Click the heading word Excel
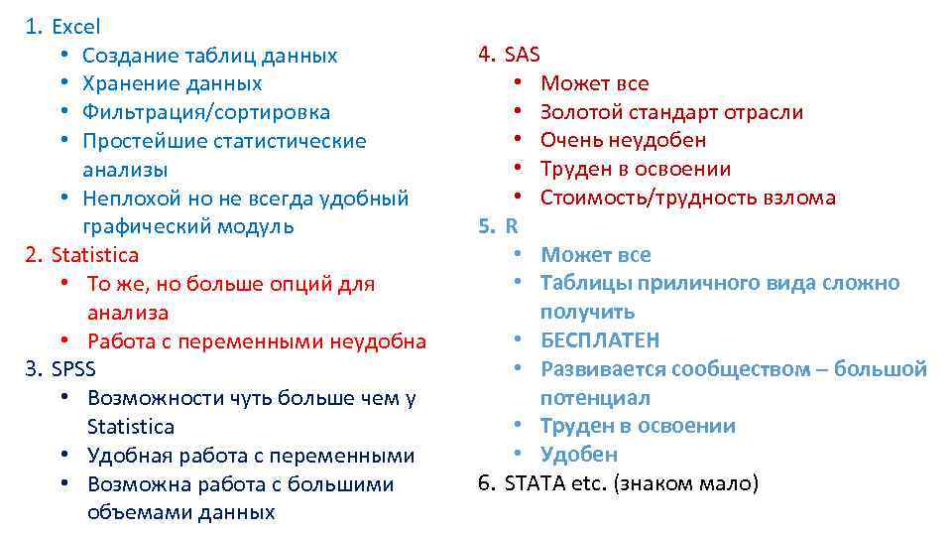76,27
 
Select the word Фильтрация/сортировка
206,112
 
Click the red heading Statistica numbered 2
95,255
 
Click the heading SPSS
74,369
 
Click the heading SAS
523,55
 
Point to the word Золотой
579,112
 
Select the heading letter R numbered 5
512,225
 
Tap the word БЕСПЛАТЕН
600,340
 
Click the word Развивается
603,369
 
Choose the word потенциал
595,398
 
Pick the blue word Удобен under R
579,455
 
